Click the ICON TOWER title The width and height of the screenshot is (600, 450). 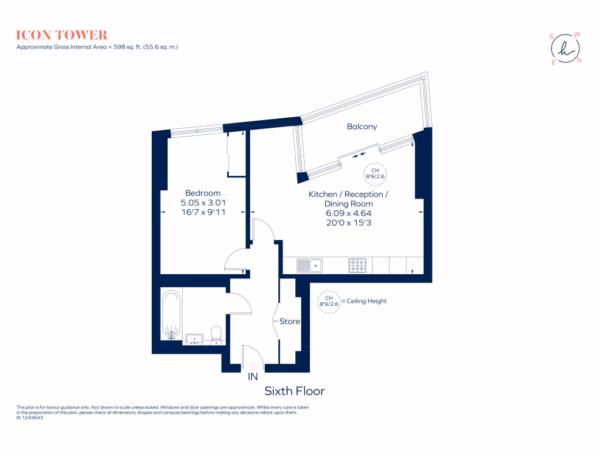tap(62, 35)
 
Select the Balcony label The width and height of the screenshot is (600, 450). tap(362, 127)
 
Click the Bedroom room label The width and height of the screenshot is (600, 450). tap(203, 193)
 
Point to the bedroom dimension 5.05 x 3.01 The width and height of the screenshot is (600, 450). tap(203, 203)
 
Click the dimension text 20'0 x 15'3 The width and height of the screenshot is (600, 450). tap(348, 223)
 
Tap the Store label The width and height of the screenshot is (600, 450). tap(289, 322)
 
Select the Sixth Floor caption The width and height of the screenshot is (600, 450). tap(294, 391)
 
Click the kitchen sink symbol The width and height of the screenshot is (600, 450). tap(311, 265)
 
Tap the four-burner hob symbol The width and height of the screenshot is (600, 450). tap(357, 265)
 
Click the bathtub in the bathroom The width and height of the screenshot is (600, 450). tap(172, 315)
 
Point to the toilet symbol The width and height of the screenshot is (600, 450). tap(216, 334)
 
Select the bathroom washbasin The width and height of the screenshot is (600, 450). tap(195, 338)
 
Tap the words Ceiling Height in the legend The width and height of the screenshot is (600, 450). tap(366, 301)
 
